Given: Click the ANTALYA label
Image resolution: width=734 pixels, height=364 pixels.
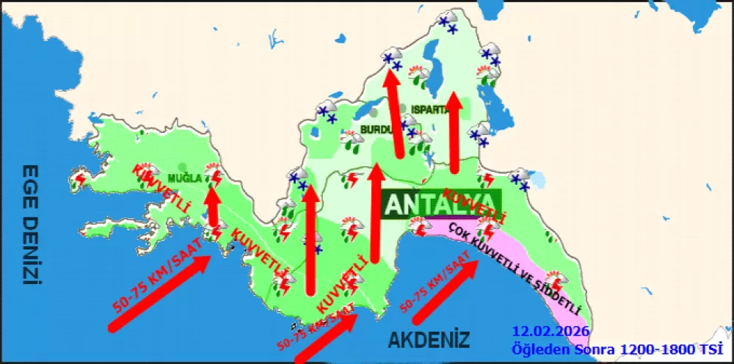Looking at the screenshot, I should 440,203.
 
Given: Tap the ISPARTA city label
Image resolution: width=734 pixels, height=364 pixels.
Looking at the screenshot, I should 429,109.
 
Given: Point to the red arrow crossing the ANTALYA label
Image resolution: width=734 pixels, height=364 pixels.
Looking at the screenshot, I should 376,213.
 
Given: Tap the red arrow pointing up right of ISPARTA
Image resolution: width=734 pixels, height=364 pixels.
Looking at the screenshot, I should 455,132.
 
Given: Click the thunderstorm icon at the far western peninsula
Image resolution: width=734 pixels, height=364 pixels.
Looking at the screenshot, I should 79,178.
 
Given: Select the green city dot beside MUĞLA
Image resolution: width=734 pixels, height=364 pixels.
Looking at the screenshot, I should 181,167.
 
